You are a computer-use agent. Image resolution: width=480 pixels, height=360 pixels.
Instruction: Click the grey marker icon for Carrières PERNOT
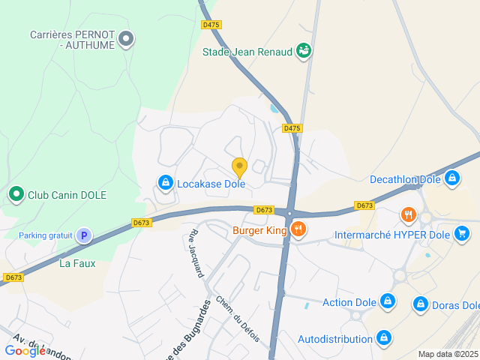(127, 38)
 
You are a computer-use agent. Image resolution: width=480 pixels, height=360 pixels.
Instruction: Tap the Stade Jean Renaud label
(247, 52)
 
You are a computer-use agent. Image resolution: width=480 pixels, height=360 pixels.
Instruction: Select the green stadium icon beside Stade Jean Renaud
(303, 51)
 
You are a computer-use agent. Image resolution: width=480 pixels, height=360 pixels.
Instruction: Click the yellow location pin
(239, 167)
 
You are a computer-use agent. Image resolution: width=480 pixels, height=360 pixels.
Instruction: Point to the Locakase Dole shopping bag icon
(165, 182)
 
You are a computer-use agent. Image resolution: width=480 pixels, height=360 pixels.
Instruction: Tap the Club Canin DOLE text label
(67, 195)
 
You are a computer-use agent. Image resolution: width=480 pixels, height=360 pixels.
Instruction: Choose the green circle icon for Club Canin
(16, 195)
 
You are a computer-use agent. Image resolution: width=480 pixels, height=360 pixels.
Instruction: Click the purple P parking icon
(85, 235)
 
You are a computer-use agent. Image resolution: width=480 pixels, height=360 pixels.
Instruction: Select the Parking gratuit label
(46, 235)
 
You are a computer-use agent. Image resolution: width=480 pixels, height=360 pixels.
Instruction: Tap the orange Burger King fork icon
(298, 229)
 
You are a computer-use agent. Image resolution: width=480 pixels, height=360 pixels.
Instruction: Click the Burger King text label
(259, 230)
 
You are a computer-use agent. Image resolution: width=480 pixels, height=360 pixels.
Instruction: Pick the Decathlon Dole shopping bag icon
(451, 178)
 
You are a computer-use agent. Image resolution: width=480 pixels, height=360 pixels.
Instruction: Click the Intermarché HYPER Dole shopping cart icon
(463, 234)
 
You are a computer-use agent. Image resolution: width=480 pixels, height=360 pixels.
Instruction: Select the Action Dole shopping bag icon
(387, 302)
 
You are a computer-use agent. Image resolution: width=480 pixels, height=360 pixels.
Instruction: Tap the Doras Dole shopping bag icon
(420, 305)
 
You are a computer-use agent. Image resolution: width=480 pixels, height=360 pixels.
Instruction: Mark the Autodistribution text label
(335, 339)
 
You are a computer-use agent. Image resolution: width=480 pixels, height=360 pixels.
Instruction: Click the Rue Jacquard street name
(196, 253)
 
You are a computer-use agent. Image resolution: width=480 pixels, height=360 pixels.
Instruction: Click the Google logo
(25, 350)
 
